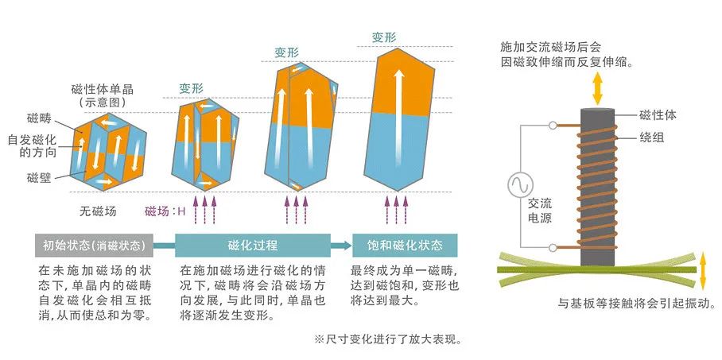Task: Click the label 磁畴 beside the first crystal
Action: [x=39, y=119]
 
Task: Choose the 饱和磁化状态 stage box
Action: [x=408, y=244]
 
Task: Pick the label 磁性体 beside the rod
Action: [x=657, y=116]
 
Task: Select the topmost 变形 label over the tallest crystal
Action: [x=386, y=37]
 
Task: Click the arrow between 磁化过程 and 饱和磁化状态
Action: [x=340, y=244]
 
